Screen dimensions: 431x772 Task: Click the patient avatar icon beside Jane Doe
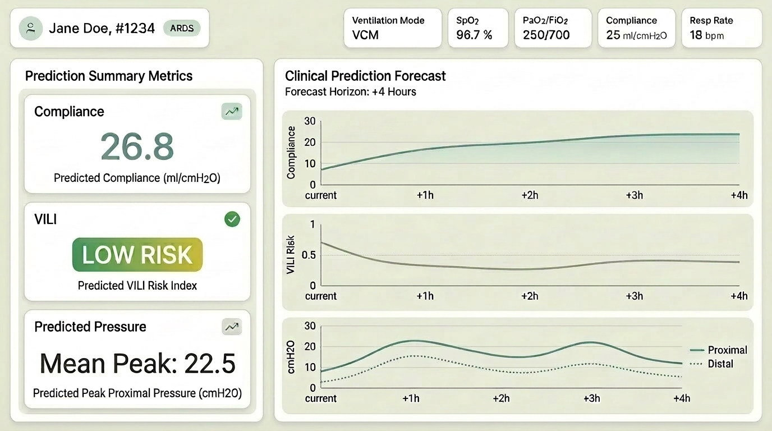point(31,28)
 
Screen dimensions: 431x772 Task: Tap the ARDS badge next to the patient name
point(181,28)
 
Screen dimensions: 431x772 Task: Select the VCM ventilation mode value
point(365,35)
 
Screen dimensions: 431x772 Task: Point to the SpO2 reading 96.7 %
point(474,35)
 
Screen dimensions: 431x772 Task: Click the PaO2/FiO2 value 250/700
point(546,35)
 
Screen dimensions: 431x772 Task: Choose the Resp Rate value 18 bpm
point(706,35)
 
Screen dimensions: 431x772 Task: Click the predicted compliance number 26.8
point(137,146)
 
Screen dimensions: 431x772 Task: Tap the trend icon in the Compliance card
point(232,112)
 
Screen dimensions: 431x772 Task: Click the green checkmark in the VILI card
point(232,219)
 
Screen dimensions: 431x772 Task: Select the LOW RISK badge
point(137,255)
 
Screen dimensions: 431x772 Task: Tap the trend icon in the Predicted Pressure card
point(232,327)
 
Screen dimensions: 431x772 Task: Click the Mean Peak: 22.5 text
point(137,364)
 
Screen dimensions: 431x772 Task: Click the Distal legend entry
point(713,364)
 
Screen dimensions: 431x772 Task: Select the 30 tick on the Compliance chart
point(310,121)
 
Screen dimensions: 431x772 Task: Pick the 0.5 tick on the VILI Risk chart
point(309,255)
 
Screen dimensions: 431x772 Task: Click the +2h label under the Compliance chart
point(530,195)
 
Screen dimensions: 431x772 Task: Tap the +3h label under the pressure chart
point(591,398)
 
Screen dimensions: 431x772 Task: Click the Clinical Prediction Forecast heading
point(365,76)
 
